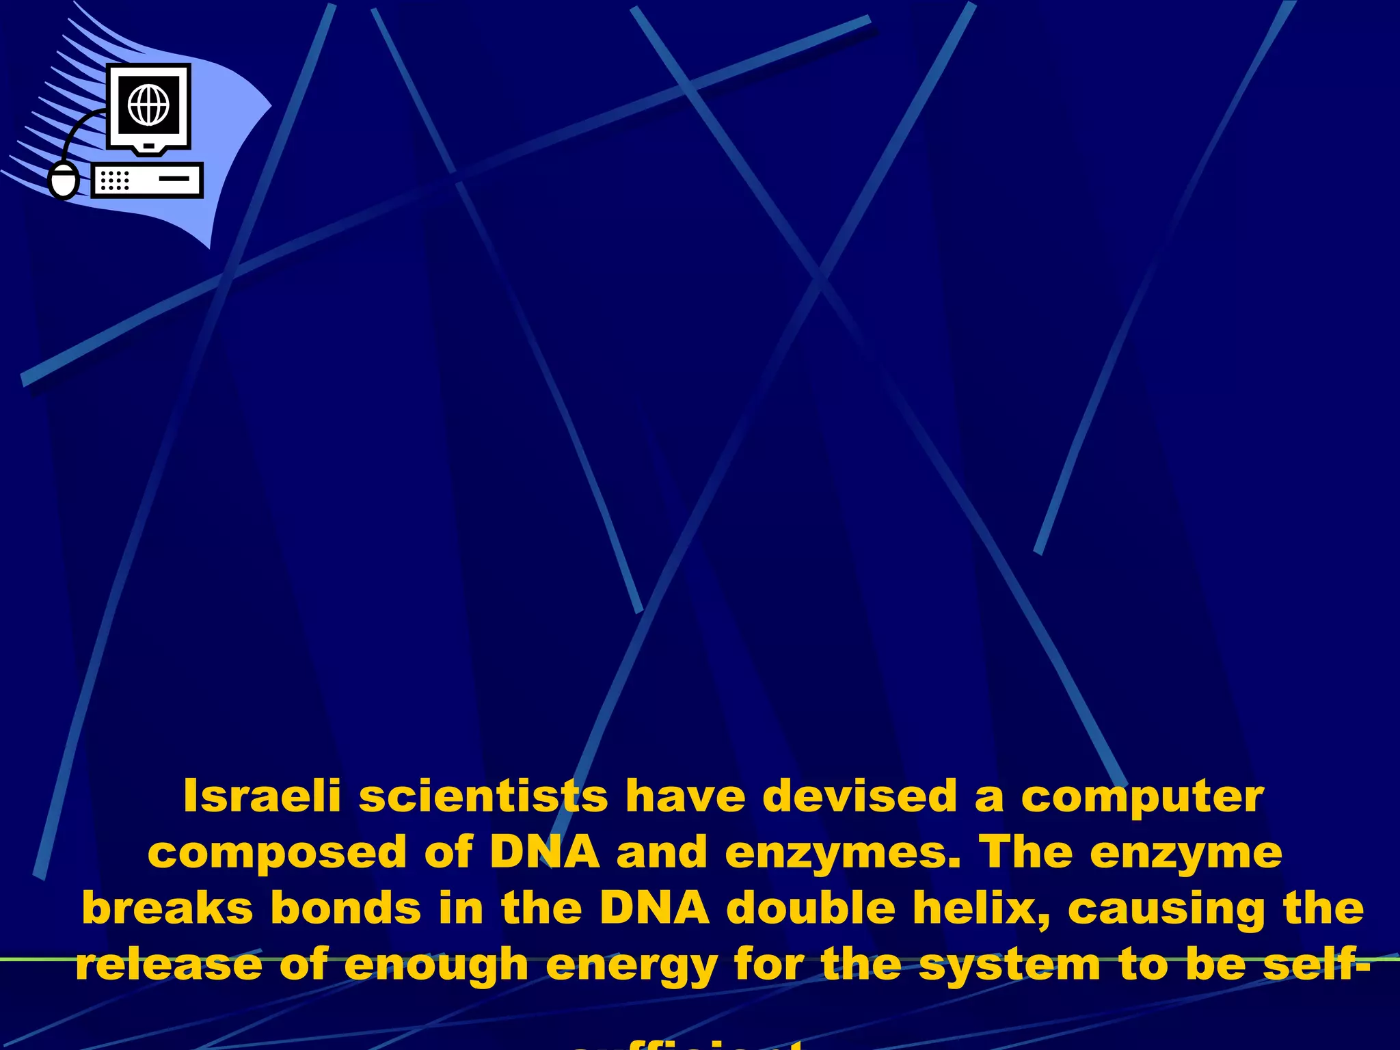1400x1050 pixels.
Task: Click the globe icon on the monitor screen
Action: pyautogui.click(x=148, y=105)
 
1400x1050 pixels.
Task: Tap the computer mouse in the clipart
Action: pyautogui.click(x=64, y=180)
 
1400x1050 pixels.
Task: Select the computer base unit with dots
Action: pyautogui.click(x=148, y=180)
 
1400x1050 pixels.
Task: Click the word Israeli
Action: pyautogui.click(x=262, y=796)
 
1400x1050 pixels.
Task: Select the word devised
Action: pyautogui.click(x=860, y=796)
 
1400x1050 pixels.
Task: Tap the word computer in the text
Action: pyautogui.click(x=1142, y=798)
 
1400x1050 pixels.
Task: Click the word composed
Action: pyautogui.click(x=278, y=854)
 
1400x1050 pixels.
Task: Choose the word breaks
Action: pyautogui.click(x=167, y=909)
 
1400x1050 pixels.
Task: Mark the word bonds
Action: pyautogui.click(x=346, y=909)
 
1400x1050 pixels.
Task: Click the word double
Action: pyautogui.click(x=811, y=909)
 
